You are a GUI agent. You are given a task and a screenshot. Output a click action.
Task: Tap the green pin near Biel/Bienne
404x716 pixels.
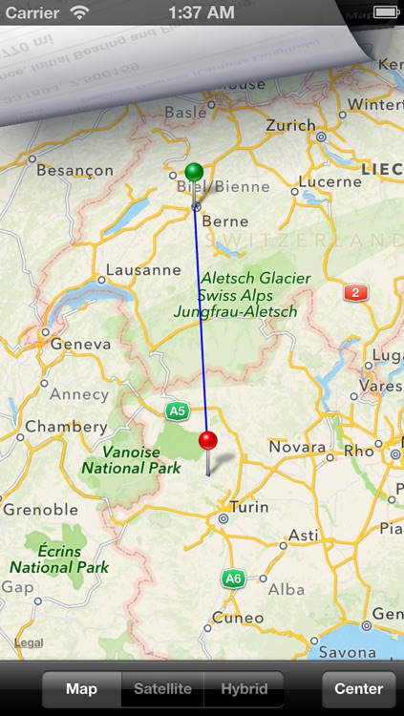195,173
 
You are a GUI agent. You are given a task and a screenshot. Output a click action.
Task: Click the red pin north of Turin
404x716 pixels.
208,441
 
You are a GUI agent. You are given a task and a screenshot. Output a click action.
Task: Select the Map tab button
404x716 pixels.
81,688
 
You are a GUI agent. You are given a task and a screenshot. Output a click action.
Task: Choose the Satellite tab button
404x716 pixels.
162,688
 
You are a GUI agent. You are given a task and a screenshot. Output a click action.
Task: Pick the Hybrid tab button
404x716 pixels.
245,688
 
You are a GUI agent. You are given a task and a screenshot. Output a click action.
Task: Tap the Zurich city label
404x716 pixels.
290,126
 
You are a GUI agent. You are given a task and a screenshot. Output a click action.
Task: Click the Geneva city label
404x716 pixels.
74,344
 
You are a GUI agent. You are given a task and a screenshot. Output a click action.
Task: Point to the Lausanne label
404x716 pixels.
138,270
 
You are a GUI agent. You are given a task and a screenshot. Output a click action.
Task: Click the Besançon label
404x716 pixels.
74,171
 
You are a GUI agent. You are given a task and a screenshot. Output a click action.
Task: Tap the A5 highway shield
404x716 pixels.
175,411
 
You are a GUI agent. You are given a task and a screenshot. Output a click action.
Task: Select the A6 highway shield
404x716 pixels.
233,579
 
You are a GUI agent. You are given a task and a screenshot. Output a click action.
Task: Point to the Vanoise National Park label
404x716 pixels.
131,459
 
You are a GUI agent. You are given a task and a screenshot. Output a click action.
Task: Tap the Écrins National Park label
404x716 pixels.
59,558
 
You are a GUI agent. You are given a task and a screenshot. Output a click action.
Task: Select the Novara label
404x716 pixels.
296,447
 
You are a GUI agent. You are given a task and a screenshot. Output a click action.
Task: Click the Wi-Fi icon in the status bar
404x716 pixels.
79,13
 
